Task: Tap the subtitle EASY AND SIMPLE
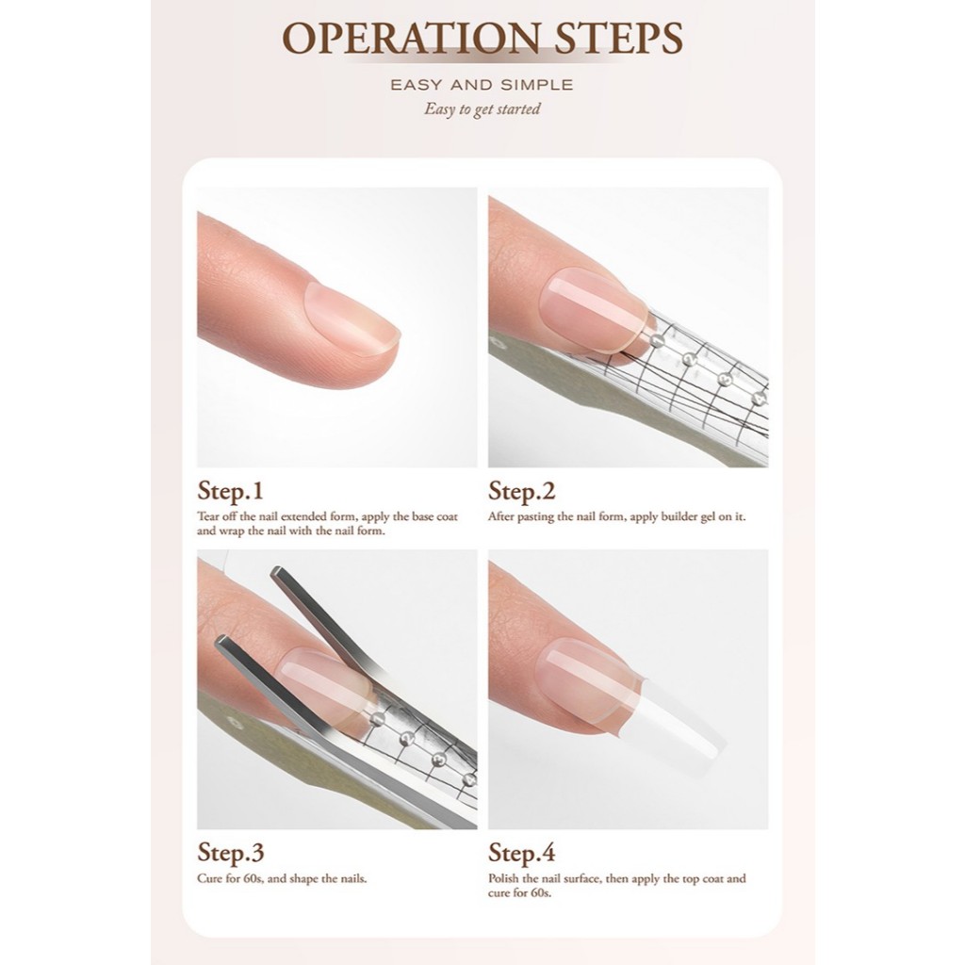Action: [482, 85]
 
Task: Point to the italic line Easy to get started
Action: [482, 109]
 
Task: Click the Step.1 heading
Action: [230, 491]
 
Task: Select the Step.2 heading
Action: [522, 491]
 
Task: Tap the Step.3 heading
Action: [231, 852]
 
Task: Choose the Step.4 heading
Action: [522, 852]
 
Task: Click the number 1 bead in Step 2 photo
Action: [659, 339]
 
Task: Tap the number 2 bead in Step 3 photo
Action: [407, 739]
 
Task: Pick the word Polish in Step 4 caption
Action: [503, 879]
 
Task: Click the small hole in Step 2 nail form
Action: [497, 339]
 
